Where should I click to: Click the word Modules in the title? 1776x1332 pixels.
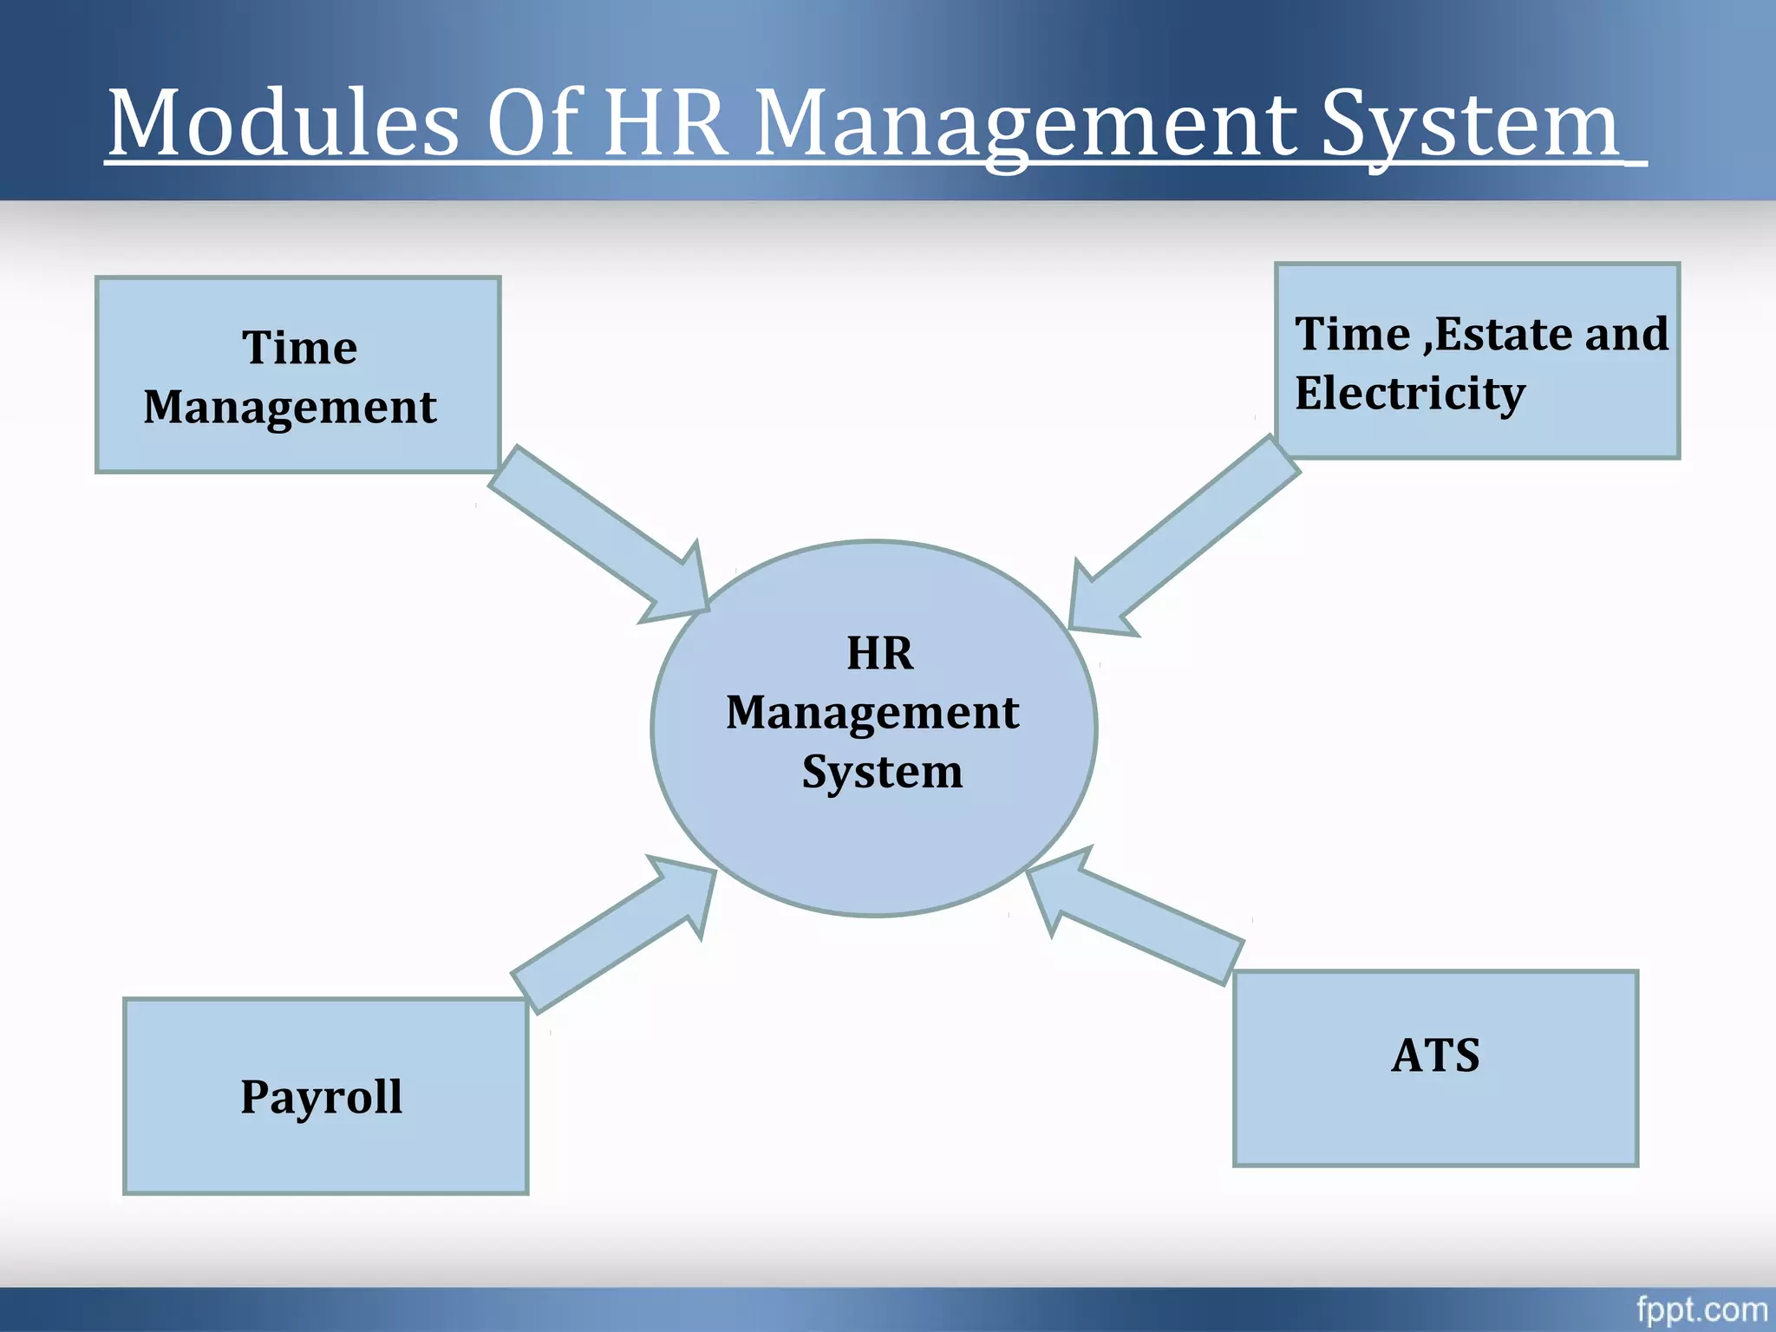(283, 123)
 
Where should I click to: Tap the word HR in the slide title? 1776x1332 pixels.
(665, 123)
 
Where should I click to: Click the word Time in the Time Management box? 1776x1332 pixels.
(299, 348)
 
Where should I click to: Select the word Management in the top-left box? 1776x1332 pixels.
(291, 408)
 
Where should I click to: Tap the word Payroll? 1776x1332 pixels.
(322, 1097)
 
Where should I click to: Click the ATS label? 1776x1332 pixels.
(1435, 1055)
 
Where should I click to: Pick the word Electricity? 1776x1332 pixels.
(1410, 394)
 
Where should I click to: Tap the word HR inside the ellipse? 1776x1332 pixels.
(879, 653)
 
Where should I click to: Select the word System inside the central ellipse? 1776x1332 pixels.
(882, 771)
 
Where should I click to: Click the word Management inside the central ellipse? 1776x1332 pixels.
(872, 713)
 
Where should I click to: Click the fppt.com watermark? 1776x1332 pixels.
(1701, 1309)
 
